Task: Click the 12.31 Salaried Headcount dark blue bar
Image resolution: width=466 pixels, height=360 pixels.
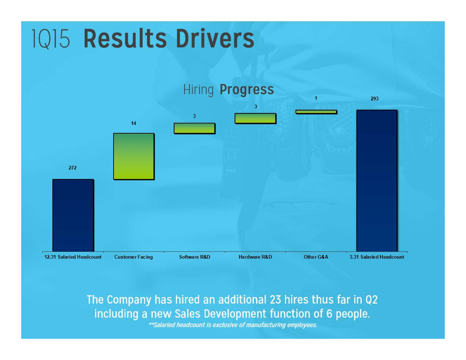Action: pos(73,215)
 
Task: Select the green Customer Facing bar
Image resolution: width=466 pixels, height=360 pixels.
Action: pos(134,156)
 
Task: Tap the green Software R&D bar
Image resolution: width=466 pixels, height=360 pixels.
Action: pos(195,128)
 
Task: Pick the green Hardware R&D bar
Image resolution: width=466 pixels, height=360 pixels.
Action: pos(256,118)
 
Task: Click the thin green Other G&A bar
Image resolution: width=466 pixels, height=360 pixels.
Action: pos(316,112)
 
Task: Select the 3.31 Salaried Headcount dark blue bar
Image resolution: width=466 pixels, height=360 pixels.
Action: pos(377,181)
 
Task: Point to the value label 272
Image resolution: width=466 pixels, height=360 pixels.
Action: pos(73,168)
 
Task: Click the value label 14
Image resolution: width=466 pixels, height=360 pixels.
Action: pos(134,123)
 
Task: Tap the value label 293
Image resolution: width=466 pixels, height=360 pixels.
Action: pos(375,99)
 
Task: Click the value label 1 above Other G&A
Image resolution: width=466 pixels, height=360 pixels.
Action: pos(316,98)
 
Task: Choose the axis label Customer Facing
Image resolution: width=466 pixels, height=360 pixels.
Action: pos(133,257)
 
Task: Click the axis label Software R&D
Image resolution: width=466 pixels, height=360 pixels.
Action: pos(194,257)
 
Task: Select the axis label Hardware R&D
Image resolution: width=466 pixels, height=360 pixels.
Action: pos(255,257)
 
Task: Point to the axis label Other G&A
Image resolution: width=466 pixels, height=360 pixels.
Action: pos(316,257)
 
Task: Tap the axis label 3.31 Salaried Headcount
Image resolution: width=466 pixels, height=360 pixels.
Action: pos(377,257)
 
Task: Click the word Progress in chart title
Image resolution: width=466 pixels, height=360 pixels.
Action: pos(247,90)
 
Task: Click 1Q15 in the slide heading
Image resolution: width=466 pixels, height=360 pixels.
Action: pos(50,39)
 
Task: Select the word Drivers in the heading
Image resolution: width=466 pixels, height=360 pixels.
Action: pos(215,38)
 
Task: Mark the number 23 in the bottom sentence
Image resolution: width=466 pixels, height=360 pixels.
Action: pos(275,300)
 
